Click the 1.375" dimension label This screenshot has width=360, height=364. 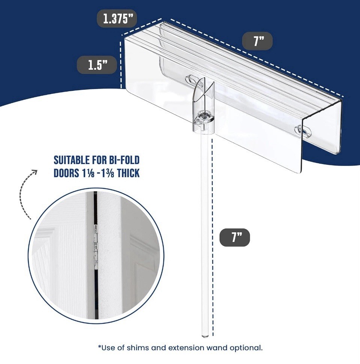tap(116, 18)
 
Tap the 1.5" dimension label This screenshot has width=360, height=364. tap(97, 65)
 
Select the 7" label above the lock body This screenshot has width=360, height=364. tap(257, 41)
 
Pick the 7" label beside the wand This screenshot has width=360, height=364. tap(235, 238)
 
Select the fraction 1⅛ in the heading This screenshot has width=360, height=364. tap(88, 173)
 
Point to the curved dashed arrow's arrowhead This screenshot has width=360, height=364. tap(35, 172)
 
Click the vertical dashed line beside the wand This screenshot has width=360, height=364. tap(212, 238)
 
